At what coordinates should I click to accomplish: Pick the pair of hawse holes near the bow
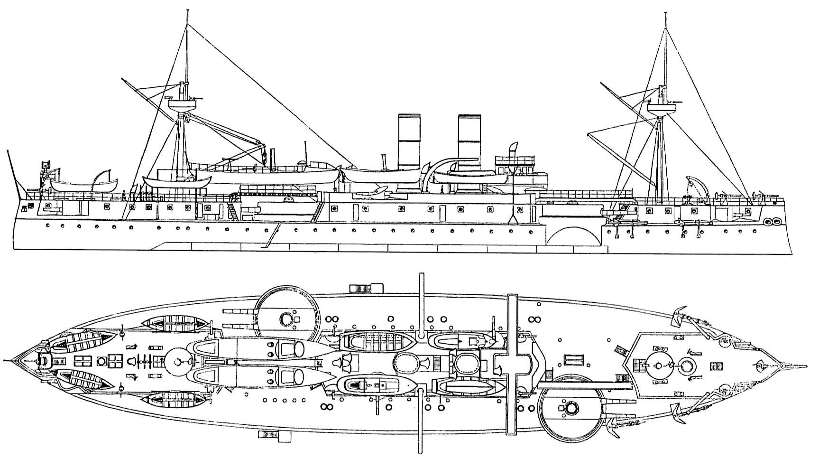click(773, 222)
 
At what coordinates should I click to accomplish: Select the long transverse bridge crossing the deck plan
click(512, 363)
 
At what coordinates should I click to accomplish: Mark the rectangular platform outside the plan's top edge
click(365, 288)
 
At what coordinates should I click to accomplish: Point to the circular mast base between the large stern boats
click(178, 362)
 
